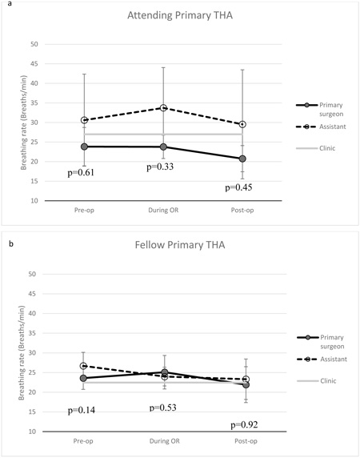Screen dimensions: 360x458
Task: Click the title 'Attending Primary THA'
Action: [180, 15]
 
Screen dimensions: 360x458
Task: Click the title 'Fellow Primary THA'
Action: [180, 245]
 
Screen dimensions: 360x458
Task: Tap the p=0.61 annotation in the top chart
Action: [81, 173]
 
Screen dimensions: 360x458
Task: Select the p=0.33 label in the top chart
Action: [160, 167]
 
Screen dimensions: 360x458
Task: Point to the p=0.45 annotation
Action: [238, 187]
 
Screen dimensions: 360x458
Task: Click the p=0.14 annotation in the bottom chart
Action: [82, 411]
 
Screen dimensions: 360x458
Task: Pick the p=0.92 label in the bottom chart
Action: [245, 424]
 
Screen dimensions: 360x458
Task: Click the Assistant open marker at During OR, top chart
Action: [163, 108]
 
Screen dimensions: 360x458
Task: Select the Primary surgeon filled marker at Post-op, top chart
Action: [242, 159]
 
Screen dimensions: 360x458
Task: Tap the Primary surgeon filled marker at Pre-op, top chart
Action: [84, 147]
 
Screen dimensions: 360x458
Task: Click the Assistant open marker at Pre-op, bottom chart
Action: [83, 366]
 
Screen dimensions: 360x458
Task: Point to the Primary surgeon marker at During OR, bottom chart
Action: [165, 372]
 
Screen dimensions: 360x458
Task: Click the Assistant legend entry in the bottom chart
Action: [322, 359]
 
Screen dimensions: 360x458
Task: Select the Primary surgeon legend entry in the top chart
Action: [320, 109]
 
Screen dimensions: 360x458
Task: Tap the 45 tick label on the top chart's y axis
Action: [34, 64]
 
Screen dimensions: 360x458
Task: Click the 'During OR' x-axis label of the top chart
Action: [163, 210]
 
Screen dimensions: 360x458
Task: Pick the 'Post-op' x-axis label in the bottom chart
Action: [246, 440]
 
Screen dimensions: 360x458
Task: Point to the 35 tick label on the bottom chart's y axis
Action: [32, 333]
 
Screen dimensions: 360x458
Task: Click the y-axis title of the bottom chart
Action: [22, 353]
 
